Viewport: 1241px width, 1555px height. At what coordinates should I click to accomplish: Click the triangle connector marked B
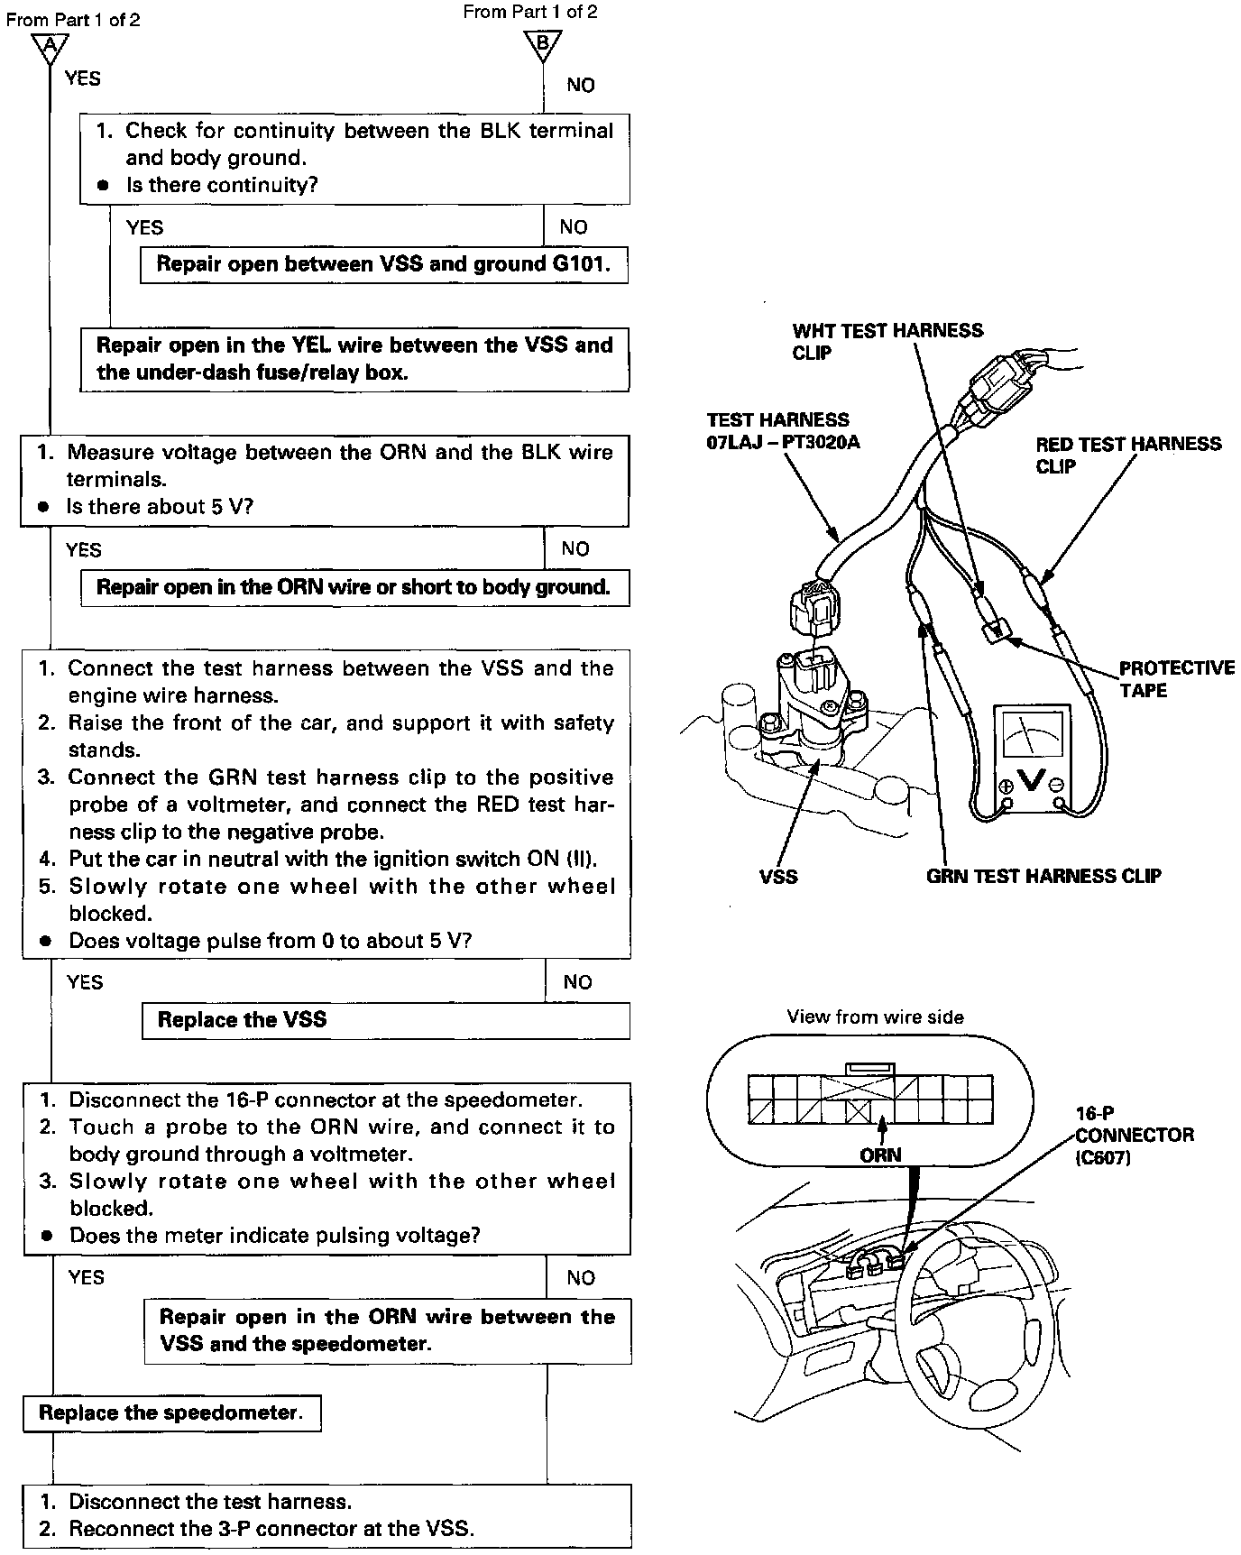coord(543,43)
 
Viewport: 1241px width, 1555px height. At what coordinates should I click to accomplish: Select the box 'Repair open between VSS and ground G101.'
coord(383,265)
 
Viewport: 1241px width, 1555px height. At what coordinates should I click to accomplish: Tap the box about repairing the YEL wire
coord(354,359)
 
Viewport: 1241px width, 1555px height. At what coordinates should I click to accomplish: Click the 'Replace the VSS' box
coord(385,1021)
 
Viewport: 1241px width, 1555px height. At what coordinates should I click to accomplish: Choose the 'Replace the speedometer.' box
coord(171,1413)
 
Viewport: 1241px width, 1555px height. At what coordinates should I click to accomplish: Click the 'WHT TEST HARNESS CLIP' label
coord(887,341)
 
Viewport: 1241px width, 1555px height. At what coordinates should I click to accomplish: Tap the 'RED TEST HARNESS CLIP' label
coord(1127,455)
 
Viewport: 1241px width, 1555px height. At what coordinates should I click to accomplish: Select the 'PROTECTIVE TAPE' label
coord(1176,679)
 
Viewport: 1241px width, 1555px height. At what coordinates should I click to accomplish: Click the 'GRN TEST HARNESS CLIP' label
coord(1043,876)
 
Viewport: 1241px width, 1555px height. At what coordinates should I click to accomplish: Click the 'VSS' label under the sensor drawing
coord(778,876)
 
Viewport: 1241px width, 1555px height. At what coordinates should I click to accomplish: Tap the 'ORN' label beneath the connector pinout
coord(880,1155)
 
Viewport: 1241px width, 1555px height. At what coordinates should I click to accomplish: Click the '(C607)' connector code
coord(1102,1157)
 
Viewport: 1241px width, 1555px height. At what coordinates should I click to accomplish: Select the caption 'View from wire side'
coord(875,1017)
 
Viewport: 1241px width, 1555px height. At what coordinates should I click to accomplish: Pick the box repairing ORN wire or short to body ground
coord(354,588)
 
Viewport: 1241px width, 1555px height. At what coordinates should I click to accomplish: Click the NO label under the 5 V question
coord(575,548)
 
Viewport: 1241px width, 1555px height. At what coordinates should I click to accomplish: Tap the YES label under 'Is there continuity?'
coord(144,227)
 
